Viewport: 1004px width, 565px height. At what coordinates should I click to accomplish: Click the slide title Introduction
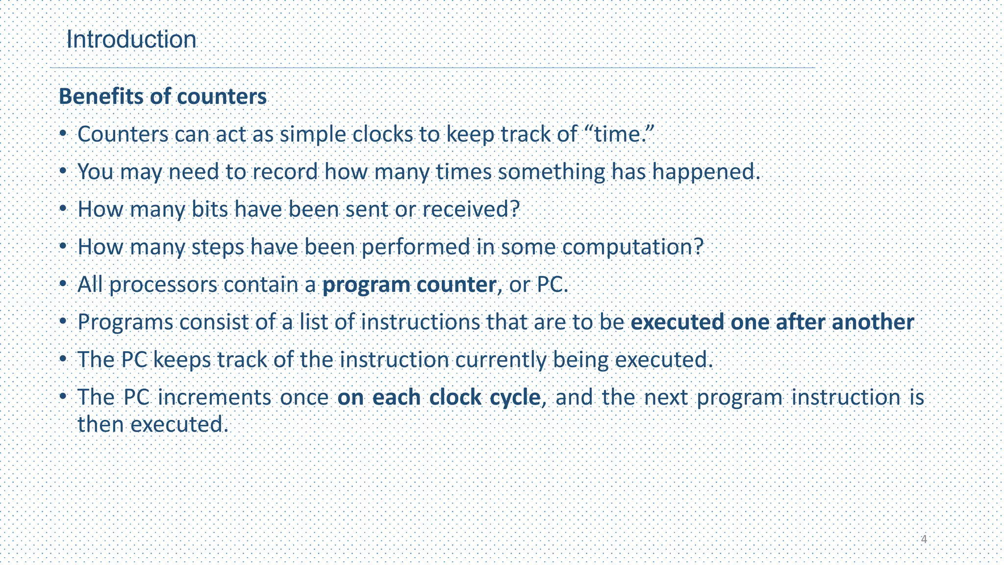[x=131, y=39]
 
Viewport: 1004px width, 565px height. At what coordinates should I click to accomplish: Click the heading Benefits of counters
[x=162, y=97]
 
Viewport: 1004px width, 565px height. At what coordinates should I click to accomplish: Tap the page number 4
[x=924, y=539]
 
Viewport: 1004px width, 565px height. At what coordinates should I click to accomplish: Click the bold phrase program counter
[x=409, y=285]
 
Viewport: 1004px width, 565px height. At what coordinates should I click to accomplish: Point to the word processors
[x=163, y=285]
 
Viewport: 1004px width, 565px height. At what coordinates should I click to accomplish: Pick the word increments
[x=214, y=398]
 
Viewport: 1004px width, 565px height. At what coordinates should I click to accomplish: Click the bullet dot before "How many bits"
[x=63, y=208]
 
